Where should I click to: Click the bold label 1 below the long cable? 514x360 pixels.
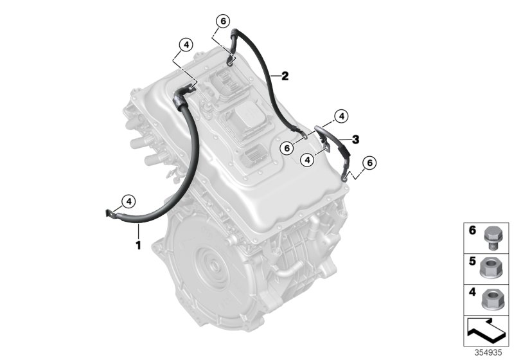[x=138, y=245]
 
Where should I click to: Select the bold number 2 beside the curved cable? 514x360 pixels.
[x=285, y=76]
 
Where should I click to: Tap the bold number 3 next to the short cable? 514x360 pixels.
[x=356, y=139]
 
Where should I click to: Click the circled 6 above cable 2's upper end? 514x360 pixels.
[x=223, y=21]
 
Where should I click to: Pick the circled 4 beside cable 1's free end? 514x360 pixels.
[x=128, y=201]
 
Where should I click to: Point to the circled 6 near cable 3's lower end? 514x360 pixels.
[x=369, y=163]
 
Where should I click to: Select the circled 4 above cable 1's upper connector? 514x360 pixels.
[x=186, y=45]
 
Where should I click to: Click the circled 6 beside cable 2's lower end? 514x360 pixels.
[x=287, y=148]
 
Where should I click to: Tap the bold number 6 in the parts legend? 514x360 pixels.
[x=472, y=231]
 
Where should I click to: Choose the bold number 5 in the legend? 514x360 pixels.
[x=472, y=261]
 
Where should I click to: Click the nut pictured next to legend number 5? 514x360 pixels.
[x=491, y=269]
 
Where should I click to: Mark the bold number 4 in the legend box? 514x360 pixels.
[x=472, y=291]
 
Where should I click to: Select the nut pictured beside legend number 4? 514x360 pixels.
[x=491, y=300]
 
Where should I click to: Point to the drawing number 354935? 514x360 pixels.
[x=488, y=352]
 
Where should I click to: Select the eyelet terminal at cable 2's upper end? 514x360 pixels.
[x=231, y=60]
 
